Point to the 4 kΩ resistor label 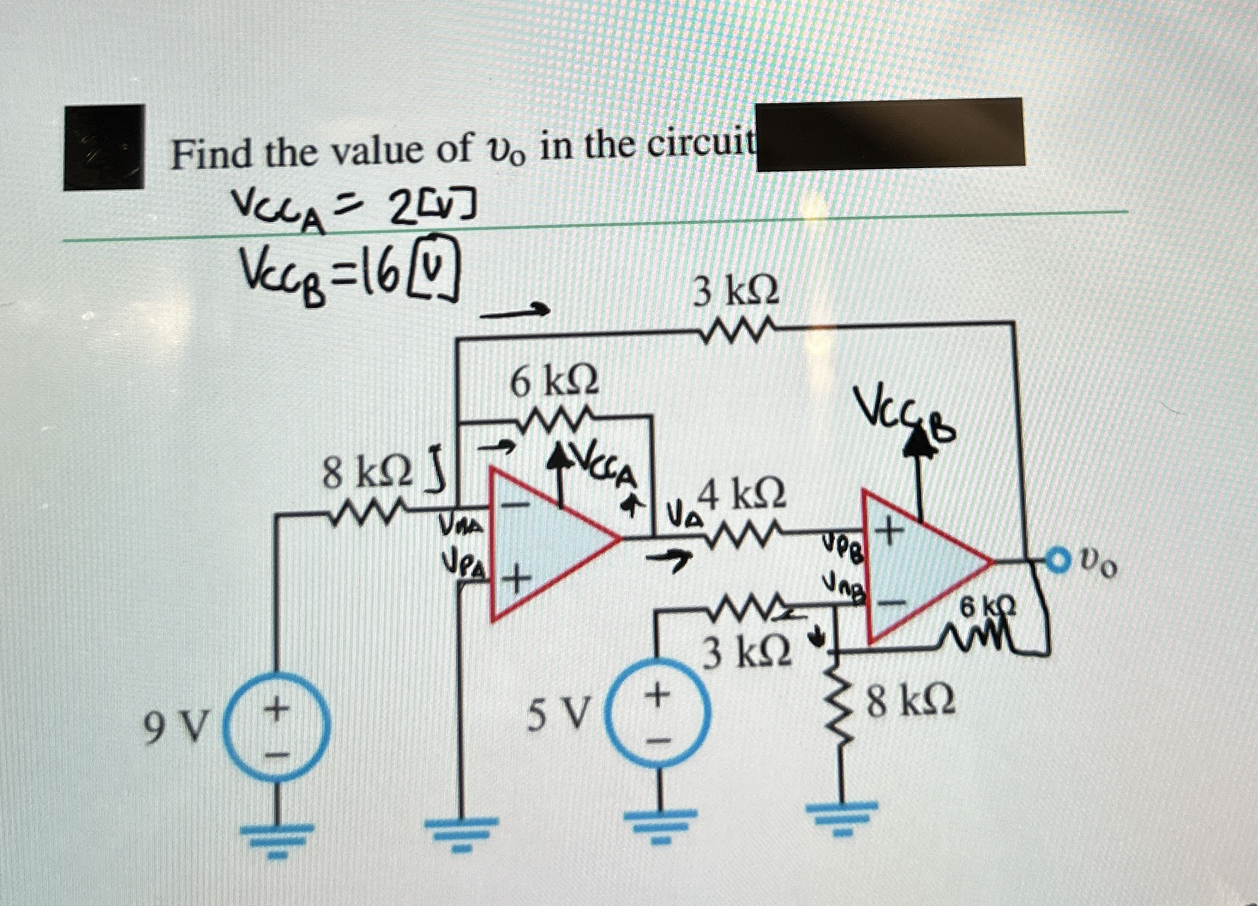743,494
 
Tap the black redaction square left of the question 104,147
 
